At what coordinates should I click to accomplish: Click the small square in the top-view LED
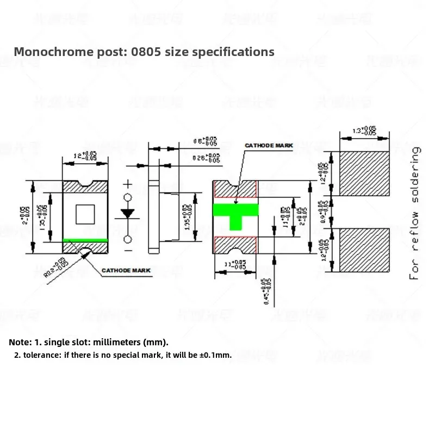(x=85, y=214)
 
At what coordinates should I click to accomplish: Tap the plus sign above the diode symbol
(x=128, y=184)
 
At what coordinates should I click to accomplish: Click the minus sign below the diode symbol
(x=128, y=250)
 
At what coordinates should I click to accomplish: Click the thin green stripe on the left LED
(x=85, y=239)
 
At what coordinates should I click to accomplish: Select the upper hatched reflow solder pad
(x=364, y=173)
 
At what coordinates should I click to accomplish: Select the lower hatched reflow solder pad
(x=364, y=250)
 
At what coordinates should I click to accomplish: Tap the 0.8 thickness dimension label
(x=206, y=141)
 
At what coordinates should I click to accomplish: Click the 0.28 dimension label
(x=207, y=158)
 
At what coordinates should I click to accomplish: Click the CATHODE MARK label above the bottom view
(x=269, y=146)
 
